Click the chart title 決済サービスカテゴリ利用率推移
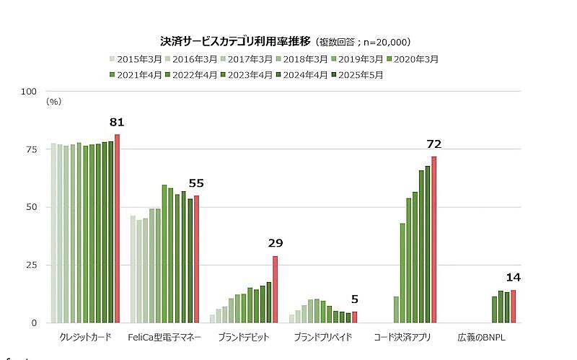point(237,42)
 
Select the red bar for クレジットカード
point(117,228)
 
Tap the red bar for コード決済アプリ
point(433,240)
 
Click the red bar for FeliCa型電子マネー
point(196,259)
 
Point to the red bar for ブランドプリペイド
point(354,317)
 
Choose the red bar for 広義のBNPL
point(513,307)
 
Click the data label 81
point(117,121)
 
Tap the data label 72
point(433,144)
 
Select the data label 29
point(275,243)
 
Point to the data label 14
point(513,277)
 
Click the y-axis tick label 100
point(29,92)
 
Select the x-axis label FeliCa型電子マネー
point(164,337)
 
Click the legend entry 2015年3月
point(135,59)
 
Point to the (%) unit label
point(54,102)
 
